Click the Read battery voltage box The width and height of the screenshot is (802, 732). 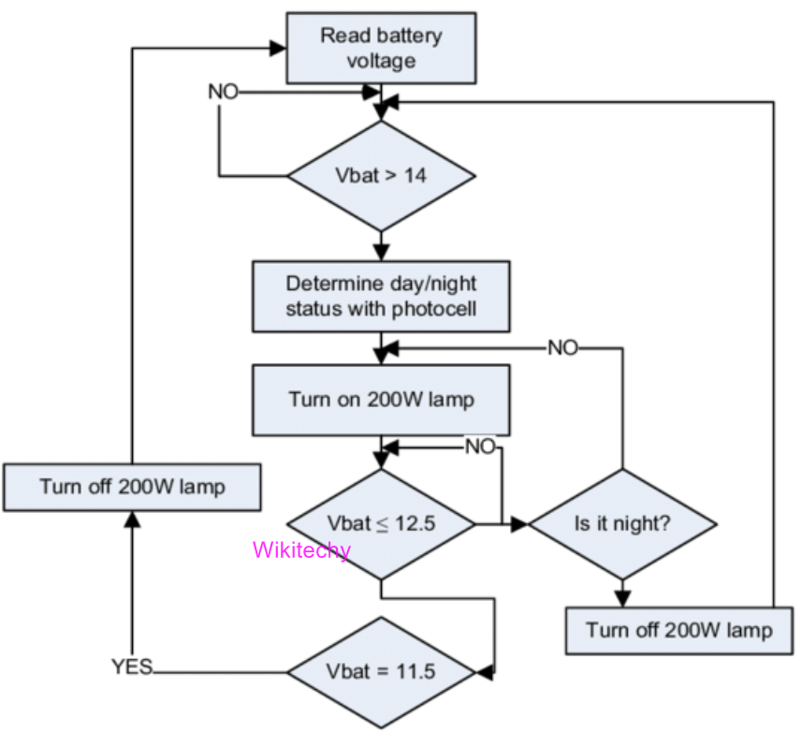[381, 49]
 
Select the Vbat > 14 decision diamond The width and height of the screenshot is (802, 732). [381, 175]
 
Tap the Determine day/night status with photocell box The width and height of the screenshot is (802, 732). [381, 295]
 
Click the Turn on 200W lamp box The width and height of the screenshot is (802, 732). [381, 400]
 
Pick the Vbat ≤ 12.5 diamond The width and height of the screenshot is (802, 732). [381, 524]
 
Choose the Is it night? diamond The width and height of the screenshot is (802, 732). [621, 524]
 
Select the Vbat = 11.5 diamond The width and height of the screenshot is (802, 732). [381, 671]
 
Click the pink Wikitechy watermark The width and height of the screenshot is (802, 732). [301, 549]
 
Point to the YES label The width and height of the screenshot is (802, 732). [132, 667]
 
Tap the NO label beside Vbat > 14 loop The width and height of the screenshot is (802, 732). [223, 93]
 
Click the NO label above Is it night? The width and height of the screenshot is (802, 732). [562, 347]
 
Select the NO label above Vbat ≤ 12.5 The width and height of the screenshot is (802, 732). [479, 447]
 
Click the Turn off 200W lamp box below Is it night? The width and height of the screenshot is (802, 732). [679, 630]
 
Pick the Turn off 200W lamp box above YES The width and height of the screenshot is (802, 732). [132, 487]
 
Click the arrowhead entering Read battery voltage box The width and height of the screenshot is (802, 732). [279, 47]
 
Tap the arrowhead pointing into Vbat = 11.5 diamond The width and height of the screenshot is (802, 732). [485, 671]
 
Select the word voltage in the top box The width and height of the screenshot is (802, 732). [381, 61]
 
